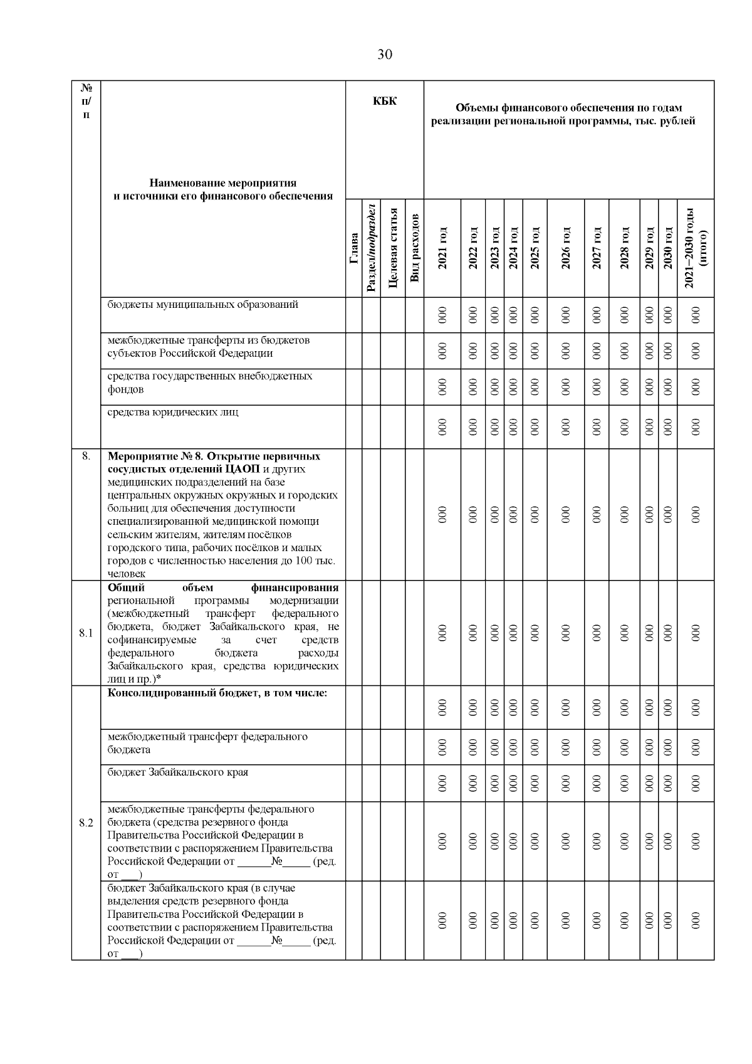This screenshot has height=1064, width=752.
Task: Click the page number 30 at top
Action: tap(385, 55)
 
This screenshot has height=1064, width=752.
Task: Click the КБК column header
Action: tap(385, 101)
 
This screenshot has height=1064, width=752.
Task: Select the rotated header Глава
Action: tap(354, 248)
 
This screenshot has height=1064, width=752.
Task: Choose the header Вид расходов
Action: tap(414, 248)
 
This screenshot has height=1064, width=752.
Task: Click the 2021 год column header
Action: tap(442, 248)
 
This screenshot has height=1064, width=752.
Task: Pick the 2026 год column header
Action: tap(565, 248)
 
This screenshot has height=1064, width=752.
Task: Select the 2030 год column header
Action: tap(667, 248)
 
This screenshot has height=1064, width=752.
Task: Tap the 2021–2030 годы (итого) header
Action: tap(696, 248)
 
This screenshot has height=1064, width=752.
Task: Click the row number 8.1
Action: tap(86, 633)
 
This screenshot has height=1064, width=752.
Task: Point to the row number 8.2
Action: tap(86, 823)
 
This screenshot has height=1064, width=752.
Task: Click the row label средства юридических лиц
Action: tap(172, 412)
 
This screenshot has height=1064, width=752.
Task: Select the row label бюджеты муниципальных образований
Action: tap(202, 305)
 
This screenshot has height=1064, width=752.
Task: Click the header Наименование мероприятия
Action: tap(222, 183)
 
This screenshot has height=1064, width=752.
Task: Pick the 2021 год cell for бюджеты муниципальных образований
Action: tap(442, 315)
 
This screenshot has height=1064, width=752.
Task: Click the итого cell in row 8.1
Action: tap(696, 633)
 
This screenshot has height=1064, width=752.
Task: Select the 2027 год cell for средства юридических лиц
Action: tap(596, 426)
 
